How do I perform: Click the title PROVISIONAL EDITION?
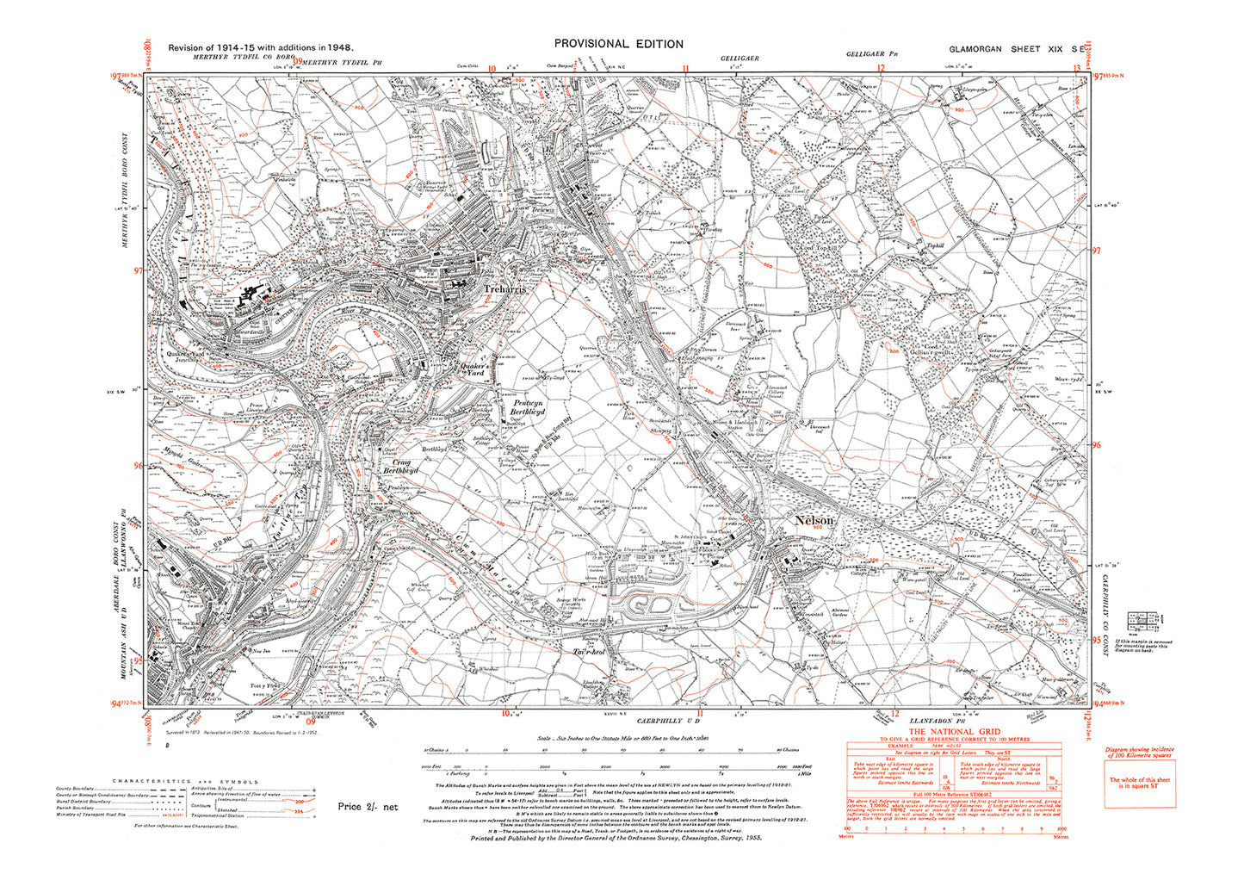(618, 44)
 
